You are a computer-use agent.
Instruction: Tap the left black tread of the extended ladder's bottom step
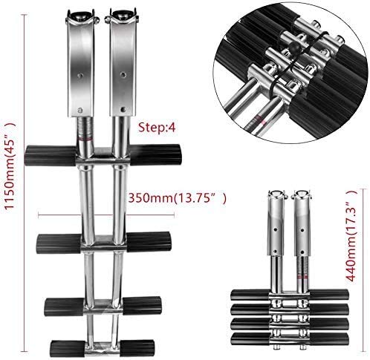pyautogui.click(x=68, y=346)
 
